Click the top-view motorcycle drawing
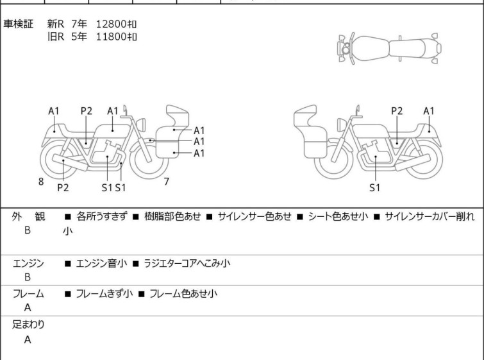click(x=389, y=49)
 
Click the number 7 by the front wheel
click(x=167, y=182)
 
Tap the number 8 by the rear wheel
click(x=41, y=182)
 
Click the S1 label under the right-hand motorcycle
click(x=374, y=187)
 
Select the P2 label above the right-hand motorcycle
click(x=397, y=111)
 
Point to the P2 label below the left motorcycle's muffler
click(x=63, y=187)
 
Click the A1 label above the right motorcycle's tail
click(x=429, y=111)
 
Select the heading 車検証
click(x=18, y=24)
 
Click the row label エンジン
click(x=28, y=263)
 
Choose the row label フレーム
click(x=28, y=293)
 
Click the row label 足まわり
click(x=28, y=324)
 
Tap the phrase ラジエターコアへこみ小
click(x=187, y=263)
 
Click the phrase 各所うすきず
click(x=101, y=216)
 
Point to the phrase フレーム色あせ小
click(x=183, y=293)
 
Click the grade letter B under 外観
click(x=28, y=230)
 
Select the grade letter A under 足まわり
click(x=28, y=339)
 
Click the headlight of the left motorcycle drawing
click(x=141, y=124)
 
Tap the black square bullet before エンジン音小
click(x=67, y=264)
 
